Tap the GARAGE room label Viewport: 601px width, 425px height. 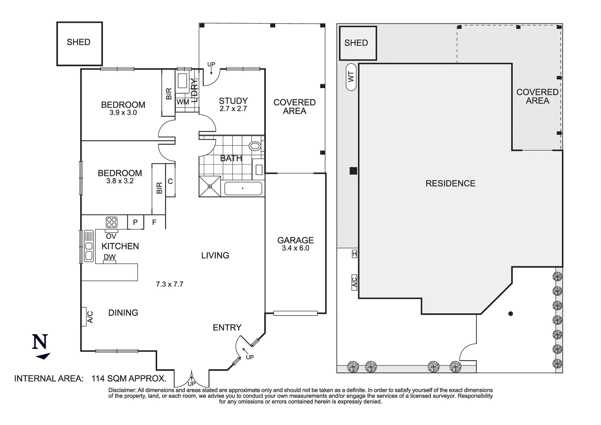coord(296,240)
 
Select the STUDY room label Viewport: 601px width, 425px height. coord(233,101)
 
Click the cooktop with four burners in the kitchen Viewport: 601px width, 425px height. coord(111,222)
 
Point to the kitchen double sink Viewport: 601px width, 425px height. coord(89,246)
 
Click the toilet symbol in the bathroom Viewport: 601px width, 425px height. coord(255,146)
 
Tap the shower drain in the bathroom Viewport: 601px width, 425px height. coord(210,187)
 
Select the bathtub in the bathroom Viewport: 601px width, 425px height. coord(243,188)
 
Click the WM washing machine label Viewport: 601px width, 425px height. coord(183,102)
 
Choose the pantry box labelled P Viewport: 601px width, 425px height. coord(136,222)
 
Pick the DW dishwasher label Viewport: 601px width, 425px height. coord(109,257)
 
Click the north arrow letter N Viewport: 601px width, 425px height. coord(40,342)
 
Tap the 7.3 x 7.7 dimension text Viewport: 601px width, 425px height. coord(169,284)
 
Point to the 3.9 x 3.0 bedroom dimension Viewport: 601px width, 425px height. coord(123,113)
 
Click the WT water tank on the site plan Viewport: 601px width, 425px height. coord(351,77)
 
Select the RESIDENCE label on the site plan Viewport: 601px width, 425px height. coord(450,183)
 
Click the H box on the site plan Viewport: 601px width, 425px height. coord(355,254)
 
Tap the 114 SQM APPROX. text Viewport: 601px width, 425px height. coord(129,379)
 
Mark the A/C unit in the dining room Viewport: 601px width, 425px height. coord(84,317)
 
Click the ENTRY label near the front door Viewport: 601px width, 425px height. coord(227,327)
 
